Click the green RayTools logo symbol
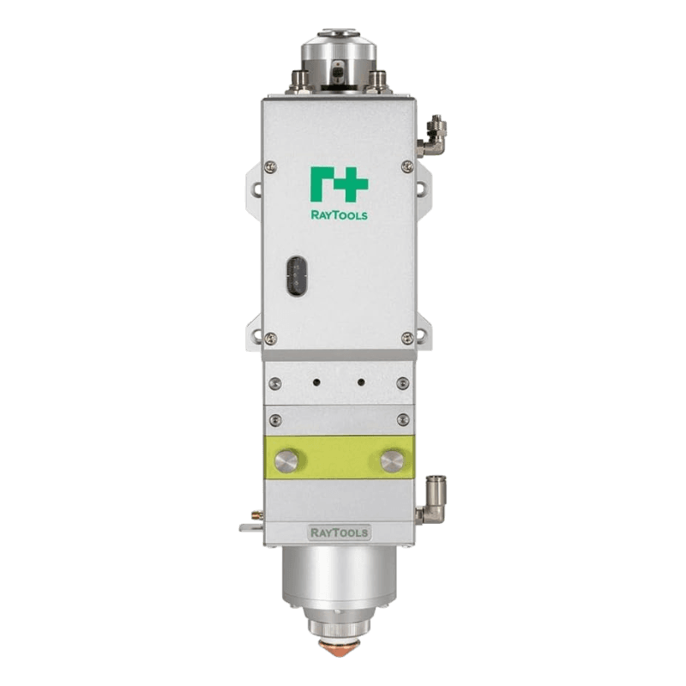339,184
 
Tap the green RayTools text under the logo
339,215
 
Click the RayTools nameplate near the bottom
339,533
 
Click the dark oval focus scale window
297,276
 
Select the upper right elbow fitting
431,135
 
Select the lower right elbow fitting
431,500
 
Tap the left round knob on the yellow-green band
286,461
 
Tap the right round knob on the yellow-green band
393,461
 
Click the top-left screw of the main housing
271,166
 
